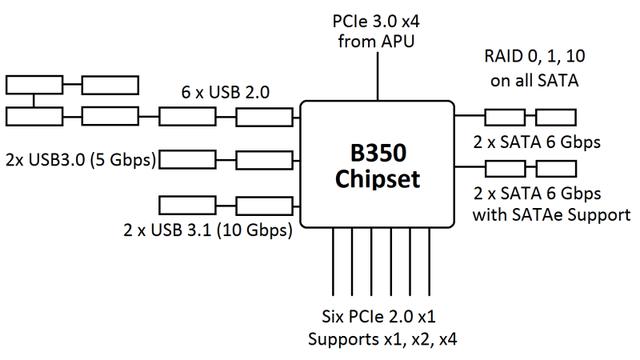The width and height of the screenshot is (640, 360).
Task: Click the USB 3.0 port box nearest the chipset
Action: click(x=263, y=157)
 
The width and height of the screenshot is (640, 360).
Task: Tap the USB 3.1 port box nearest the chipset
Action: click(x=263, y=207)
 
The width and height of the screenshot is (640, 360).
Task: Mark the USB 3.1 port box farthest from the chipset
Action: click(x=186, y=207)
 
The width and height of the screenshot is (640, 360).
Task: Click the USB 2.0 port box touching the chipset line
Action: click(x=263, y=117)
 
